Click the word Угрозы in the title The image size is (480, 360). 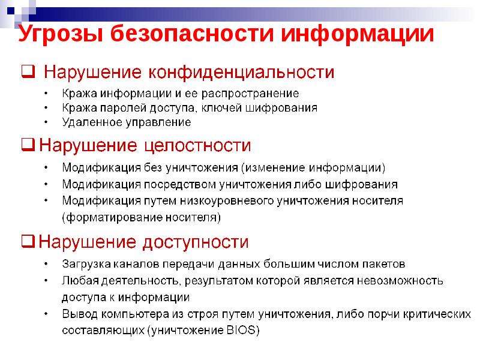61,34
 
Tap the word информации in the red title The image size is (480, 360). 357,34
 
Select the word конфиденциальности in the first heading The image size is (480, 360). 241,72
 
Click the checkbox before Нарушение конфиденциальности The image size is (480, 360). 28,71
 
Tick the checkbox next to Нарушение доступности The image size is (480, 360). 28,241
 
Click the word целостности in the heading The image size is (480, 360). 197,146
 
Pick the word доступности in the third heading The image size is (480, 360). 196,242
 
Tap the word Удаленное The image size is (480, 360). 92,122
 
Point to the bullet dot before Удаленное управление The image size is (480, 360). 46,122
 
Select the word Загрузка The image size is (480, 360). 86,264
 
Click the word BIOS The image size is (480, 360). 241,330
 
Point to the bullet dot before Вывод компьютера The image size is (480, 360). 46,314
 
